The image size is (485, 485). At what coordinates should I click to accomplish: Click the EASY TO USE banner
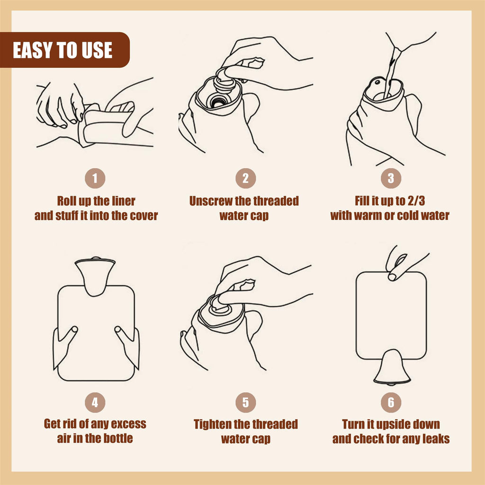click(x=64, y=50)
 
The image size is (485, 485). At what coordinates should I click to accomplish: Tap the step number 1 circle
click(x=95, y=178)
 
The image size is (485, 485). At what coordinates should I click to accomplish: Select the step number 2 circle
click(x=246, y=178)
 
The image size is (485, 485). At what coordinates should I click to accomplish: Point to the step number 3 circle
click(x=391, y=178)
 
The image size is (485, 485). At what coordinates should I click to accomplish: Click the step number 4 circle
click(x=95, y=403)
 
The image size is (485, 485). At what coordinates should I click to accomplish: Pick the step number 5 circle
click(x=246, y=403)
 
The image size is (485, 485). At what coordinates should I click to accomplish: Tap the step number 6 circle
click(x=391, y=403)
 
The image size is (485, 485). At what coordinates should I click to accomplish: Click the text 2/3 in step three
click(x=416, y=201)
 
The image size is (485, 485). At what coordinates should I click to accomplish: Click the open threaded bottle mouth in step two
click(x=219, y=101)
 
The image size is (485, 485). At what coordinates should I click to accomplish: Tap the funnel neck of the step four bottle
click(x=95, y=277)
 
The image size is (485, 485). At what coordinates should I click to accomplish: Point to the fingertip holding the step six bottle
click(x=393, y=277)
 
